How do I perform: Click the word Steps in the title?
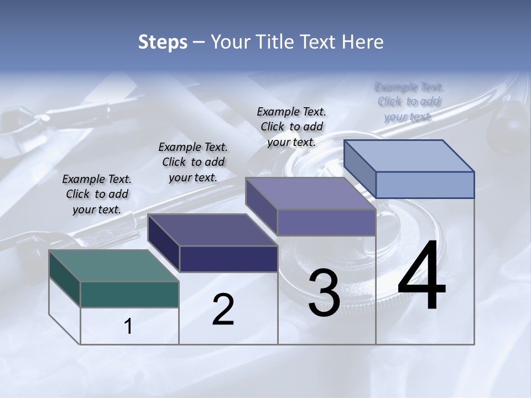point(162,42)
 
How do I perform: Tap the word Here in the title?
point(362,42)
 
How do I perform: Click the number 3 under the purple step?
point(324,293)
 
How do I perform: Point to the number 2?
point(223,309)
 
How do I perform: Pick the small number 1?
point(128,327)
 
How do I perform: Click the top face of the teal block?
point(113,266)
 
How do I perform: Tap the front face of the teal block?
point(129,294)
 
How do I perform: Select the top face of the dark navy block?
point(212,230)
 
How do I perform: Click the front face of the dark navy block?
point(228,259)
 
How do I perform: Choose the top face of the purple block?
point(311,193)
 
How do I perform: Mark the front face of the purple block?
point(326,222)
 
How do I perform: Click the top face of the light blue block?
point(409,156)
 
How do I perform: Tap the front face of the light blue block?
point(425,185)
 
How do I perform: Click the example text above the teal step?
point(97,194)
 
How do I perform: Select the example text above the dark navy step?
point(193,162)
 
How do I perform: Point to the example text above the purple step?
point(291,127)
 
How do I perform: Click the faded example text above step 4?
point(409,102)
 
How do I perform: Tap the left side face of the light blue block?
point(360,169)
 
